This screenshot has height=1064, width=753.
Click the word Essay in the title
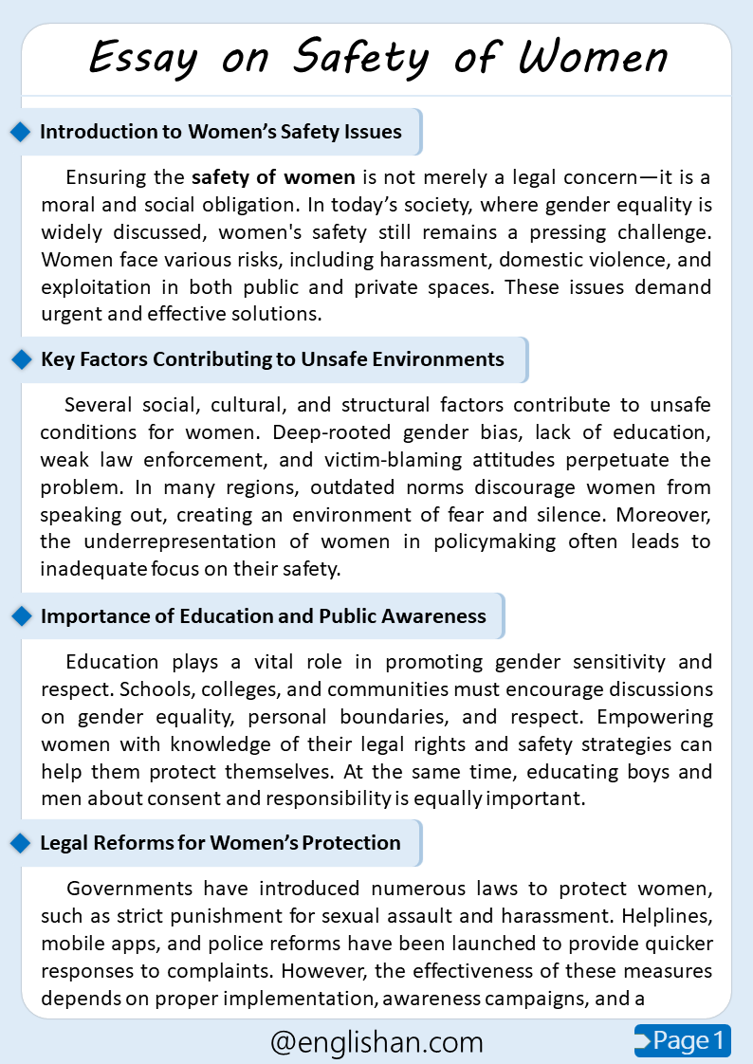coord(144,59)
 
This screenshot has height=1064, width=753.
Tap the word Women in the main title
coord(594,59)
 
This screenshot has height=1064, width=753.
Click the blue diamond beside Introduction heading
coord(20,132)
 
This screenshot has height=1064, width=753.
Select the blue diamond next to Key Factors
coord(20,359)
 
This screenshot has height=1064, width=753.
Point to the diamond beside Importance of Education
coord(20,616)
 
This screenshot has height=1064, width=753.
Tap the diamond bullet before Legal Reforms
coord(20,843)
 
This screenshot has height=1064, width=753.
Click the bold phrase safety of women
coord(273,176)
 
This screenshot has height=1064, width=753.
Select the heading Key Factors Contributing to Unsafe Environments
coord(272,359)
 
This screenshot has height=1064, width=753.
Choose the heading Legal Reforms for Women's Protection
coord(220,843)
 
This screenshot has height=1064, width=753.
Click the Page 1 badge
coord(682,1040)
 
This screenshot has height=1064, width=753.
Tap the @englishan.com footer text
coord(376,1042)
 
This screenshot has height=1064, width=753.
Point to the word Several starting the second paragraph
coord(100,406)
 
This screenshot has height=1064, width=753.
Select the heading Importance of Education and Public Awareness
coord(263,616)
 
